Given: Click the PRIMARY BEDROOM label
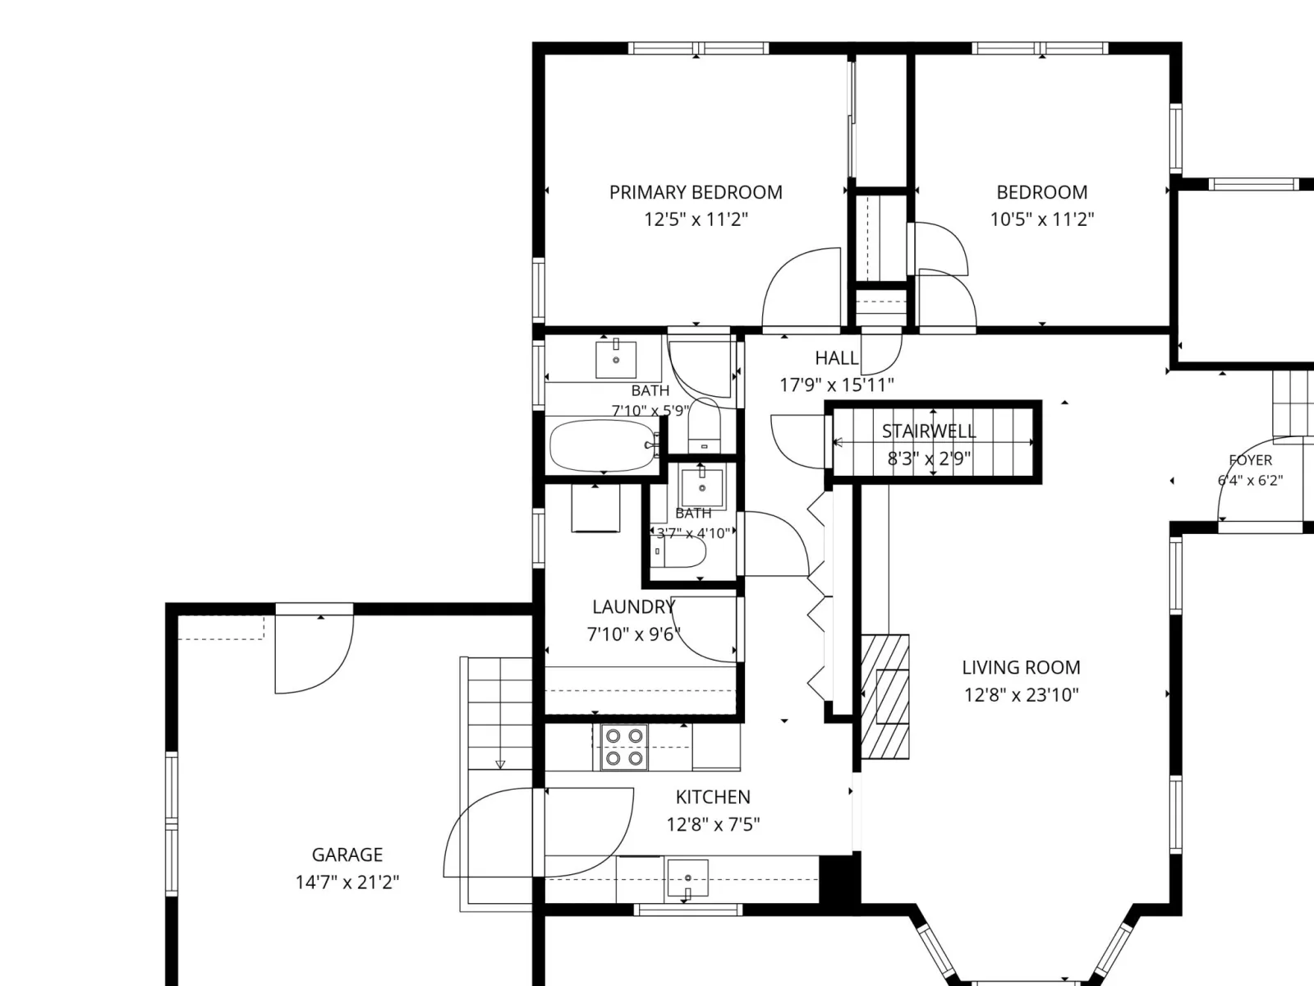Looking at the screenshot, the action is [x=696, y=192].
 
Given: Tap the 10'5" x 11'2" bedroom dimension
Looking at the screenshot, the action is [x=1041, y=219].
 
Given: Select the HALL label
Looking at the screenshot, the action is [x=836, y=358].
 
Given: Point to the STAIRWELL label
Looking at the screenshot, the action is [x=929, y=431].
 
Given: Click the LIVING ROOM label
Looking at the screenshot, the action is [x=1021, y=667].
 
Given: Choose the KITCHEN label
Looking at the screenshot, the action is [x=713, y=797].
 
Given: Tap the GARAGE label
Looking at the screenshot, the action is [x=347, y=855].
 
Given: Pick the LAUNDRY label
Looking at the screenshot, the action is [x=633, y=607].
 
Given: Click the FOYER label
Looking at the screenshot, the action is [x=1251, y=460].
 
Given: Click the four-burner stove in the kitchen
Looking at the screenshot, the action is [x=624, y=747].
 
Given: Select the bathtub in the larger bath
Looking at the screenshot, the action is [x=604, y=445].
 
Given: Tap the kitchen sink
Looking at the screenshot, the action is [x=688, y=878].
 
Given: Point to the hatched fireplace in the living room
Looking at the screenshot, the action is [x=884, y=696].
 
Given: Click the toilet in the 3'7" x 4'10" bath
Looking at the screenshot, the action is [x=680, y=551].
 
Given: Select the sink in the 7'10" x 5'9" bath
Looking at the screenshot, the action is [x=615, y=359].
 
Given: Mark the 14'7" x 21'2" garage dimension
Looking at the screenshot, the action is [x=347, y=882].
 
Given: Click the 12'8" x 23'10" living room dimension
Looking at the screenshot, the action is [x=1022, y=695].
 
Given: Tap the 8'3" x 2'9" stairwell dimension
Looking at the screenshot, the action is [x=929, y=458].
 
